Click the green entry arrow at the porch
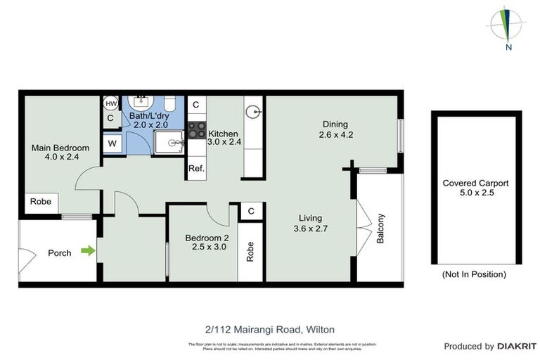tap(88, 250)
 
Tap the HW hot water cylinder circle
tap(111, 103)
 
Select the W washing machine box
tap(111, 143)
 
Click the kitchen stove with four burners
tap(196, 130)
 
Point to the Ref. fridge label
tap(196, 168)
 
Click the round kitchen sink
tap(254, 110)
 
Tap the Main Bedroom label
tap(60, 148)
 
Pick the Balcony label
tap(380, 229)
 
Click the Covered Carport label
tap(475, 183)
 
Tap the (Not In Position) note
tap(473, 274)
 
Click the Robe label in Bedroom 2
tap(250, 252)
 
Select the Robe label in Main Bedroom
tap(39, 202)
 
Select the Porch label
tap(60, 252)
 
